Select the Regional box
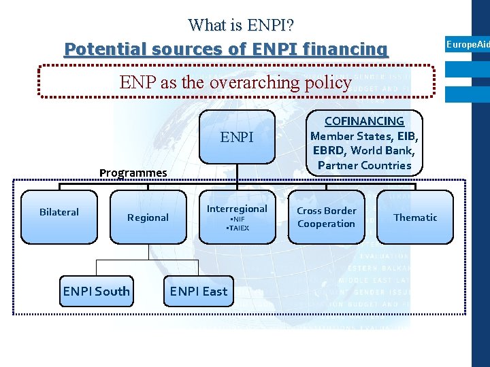(148, 217)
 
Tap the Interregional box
(237, 216)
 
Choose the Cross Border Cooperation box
(326, 217)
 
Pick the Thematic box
(415, 217)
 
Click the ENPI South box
(96, 292)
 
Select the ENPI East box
(199, 292)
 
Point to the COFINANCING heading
(364, 121)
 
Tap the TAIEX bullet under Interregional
(238, 228)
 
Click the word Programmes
(133, 173)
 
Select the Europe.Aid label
(468, 44)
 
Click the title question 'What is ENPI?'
(241, 25)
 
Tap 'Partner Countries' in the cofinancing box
(364, 165)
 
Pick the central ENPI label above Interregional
(237, 138)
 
